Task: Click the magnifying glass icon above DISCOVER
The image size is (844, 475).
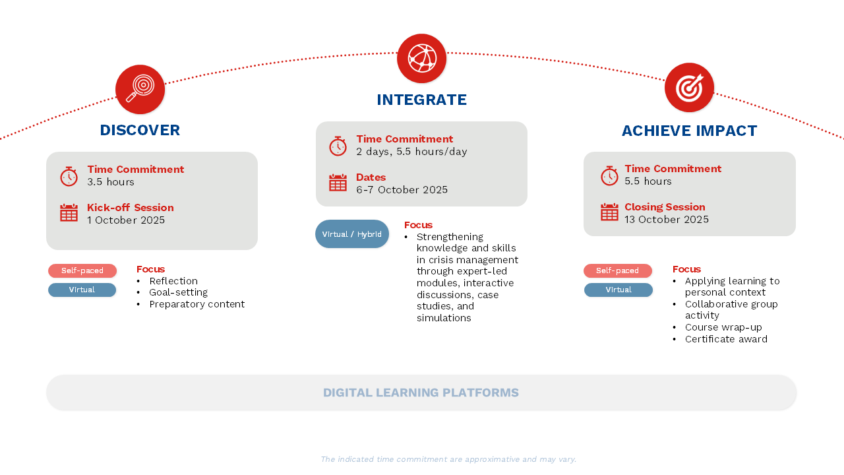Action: (x=140, y=89)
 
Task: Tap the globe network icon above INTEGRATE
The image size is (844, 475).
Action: (x=421, y=59)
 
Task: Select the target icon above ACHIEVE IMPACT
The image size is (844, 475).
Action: (x=689, y=88)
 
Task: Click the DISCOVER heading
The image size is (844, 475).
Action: (x=140, y=131)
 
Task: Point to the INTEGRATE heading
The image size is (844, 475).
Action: (x=421, y=100)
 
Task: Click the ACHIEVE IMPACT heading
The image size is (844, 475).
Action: (x=689, y=131)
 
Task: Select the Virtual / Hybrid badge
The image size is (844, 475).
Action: (x=352, y=234)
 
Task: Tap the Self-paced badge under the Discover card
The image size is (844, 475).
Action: (x=82, y=270)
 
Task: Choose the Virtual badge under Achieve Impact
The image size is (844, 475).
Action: (x=618, y=290)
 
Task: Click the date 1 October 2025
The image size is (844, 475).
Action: (x=126, y=220)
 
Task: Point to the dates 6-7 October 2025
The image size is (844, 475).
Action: (x=402, y=189)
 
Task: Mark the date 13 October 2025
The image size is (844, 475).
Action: (x=667, y=220)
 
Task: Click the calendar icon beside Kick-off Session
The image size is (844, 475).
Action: (x=69, y=212)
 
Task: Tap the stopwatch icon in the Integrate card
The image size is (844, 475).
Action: (x=338, y=146)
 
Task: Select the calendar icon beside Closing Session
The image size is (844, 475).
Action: (x=609, y=212)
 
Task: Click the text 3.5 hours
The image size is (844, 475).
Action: (x=111, y=181)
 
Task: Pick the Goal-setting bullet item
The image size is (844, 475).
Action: (x=178, y=292)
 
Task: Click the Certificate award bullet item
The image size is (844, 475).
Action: (x=726, y=339)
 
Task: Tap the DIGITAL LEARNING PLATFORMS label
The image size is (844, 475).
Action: (x=421, y=393)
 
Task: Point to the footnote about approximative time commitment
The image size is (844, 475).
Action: (x=448, y=459)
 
